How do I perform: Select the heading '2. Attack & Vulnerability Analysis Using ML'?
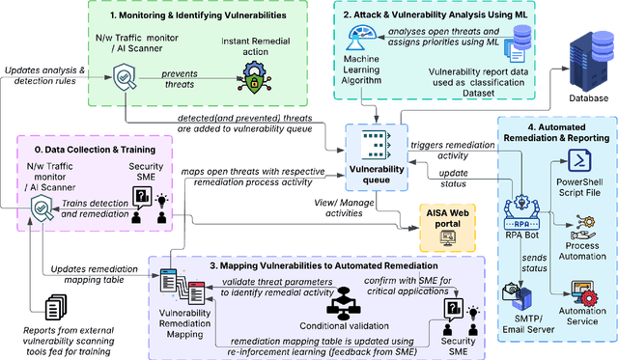(x=431, y=16)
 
